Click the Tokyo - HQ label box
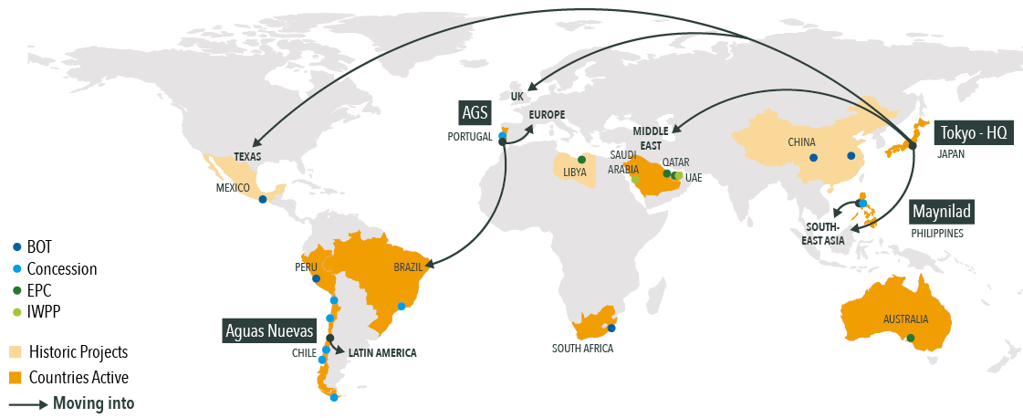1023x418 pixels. [974, 132]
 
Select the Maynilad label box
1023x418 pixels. [943, 212]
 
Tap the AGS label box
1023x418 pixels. [475, 113]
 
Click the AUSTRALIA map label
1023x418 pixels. [905, 319]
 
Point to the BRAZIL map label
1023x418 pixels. [408, 268]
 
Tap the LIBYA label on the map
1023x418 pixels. [575, 172]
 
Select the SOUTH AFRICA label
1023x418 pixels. [582, 349]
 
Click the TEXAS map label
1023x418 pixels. [246, 156]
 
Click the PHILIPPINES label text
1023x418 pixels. [937, 234]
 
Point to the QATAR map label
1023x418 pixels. [675, 162]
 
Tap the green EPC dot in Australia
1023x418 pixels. [909, 339]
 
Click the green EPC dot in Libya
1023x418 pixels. [581, 159]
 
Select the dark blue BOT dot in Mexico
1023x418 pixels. [263, 200]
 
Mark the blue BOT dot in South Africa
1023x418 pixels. [611, 329]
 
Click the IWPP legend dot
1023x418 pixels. [16, 312]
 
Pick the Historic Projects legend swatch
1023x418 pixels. [16, 352]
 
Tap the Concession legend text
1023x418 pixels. [62, 269]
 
